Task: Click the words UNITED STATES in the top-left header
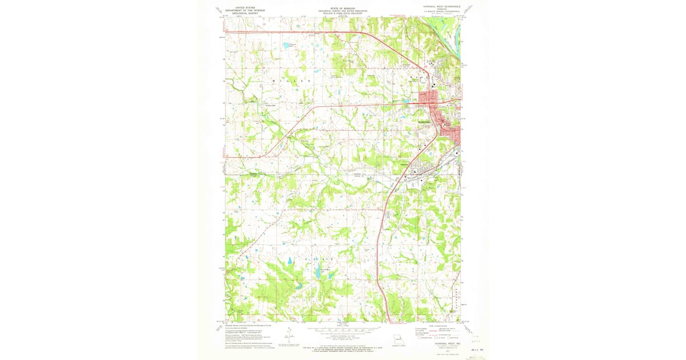click(x=241, y=7)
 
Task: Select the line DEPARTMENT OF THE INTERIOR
click(x=241, y=10)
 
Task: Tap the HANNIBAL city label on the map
click(x=424, y=122)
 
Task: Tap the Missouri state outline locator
click(x=398, y=338)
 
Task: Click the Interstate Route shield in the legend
click(x=424, y=338)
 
